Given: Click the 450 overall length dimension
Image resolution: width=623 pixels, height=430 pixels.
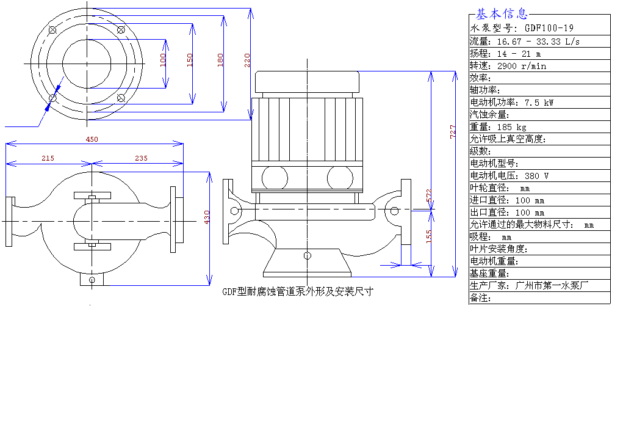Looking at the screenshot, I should (x=92, y=139).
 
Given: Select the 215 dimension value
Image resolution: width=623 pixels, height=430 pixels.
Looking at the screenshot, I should (x=48, y=158).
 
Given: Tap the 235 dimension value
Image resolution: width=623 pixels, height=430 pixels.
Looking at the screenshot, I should (x=141, y=158).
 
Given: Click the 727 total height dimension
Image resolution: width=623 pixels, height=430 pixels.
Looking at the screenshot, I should (x=453, y=131).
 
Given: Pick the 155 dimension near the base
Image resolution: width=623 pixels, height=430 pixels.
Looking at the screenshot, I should (x=429, y=235).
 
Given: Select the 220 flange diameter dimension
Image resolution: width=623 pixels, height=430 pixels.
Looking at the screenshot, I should (x=247, y=60).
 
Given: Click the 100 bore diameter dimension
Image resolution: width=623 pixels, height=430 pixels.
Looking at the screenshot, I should (x=163, y=60).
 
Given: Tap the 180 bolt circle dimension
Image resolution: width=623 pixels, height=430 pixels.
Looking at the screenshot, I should (x=220, y=60).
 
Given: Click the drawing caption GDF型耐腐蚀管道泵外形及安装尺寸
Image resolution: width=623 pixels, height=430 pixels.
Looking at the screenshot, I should (x=297, y=292).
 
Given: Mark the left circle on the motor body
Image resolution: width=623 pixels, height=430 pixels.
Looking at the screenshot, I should (x=275, y=178).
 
